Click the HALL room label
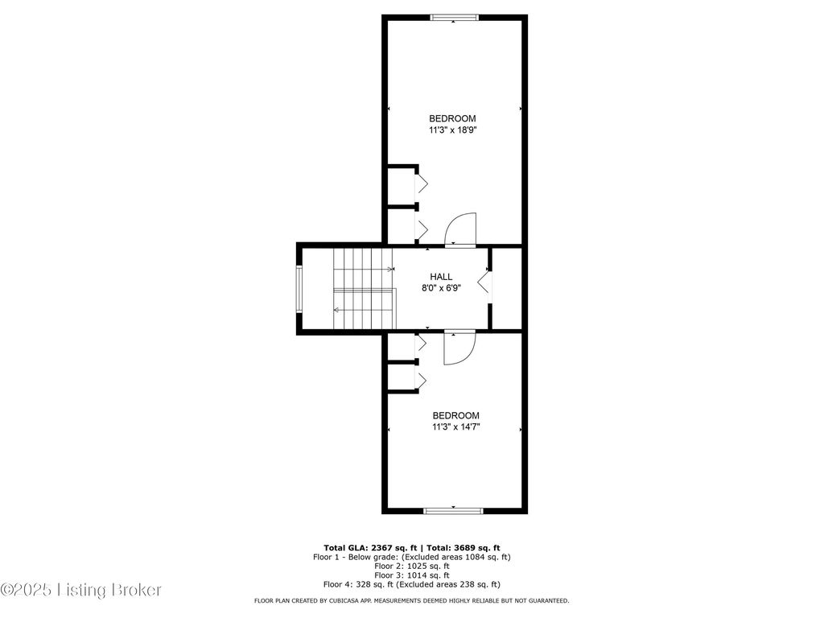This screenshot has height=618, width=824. click(441, 277)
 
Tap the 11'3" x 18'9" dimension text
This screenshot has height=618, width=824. click(452, 130)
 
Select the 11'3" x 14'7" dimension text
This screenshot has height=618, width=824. click(455, 426)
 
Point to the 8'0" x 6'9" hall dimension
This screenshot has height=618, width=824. click(441, 288)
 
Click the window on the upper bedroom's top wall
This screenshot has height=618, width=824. click(455, 18)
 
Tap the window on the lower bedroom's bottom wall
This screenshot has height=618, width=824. click(453, 510)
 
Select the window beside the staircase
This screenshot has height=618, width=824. click(299, 289)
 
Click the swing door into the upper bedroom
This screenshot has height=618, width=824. click(460, 229)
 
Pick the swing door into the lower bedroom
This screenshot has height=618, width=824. click(459, 348)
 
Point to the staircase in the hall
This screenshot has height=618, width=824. click(365, 289)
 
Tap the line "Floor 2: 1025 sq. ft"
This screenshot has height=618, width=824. click(411, 566)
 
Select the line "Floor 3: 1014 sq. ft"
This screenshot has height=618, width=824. click(411, 575)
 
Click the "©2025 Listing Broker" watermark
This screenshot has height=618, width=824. click(81, 590)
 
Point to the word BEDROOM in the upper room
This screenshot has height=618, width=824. click(452, 119)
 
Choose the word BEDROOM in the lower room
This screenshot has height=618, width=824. click(455, 415)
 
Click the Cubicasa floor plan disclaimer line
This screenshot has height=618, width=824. click(411, 600)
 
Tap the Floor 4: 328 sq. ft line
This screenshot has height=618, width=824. click(411, 584)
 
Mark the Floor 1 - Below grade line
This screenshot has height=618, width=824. click(411, 557)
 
